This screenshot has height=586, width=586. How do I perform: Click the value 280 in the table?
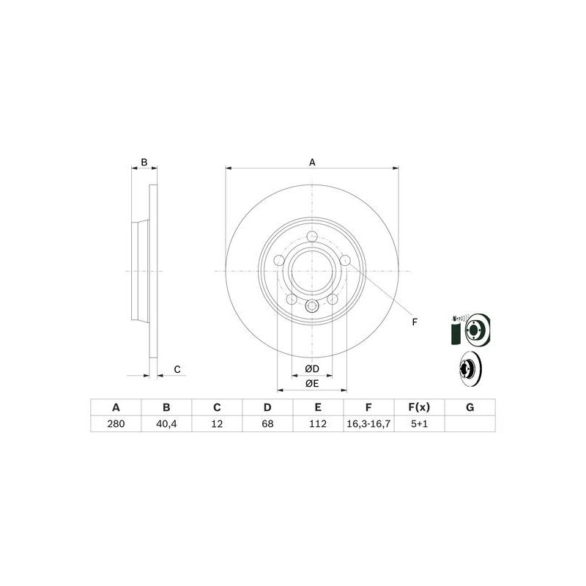point(115,424)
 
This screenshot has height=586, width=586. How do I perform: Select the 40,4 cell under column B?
point(166,424)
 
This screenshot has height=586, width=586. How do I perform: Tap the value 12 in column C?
point(217,424)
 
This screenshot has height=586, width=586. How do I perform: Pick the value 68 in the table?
point(267,424)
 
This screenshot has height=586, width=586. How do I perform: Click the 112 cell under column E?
point(318,424)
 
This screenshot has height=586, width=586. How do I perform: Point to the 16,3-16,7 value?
point(368,424)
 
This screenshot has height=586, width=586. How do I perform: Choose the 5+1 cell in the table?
point(419,424)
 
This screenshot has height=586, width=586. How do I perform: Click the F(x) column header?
point(419,407)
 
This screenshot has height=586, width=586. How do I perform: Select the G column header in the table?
point(470,407)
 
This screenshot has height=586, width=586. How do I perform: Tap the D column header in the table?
point(267,407)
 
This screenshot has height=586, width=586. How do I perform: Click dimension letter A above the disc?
point(312,162)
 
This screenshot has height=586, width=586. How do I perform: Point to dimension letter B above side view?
point(144,162)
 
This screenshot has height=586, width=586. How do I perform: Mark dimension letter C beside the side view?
point(177,369)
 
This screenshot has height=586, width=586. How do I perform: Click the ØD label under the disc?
point(312,368)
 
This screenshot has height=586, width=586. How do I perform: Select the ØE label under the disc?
point(312,383)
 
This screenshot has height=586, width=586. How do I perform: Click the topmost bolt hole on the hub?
point(312,237)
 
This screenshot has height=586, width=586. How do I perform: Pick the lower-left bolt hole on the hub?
point(291,299)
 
